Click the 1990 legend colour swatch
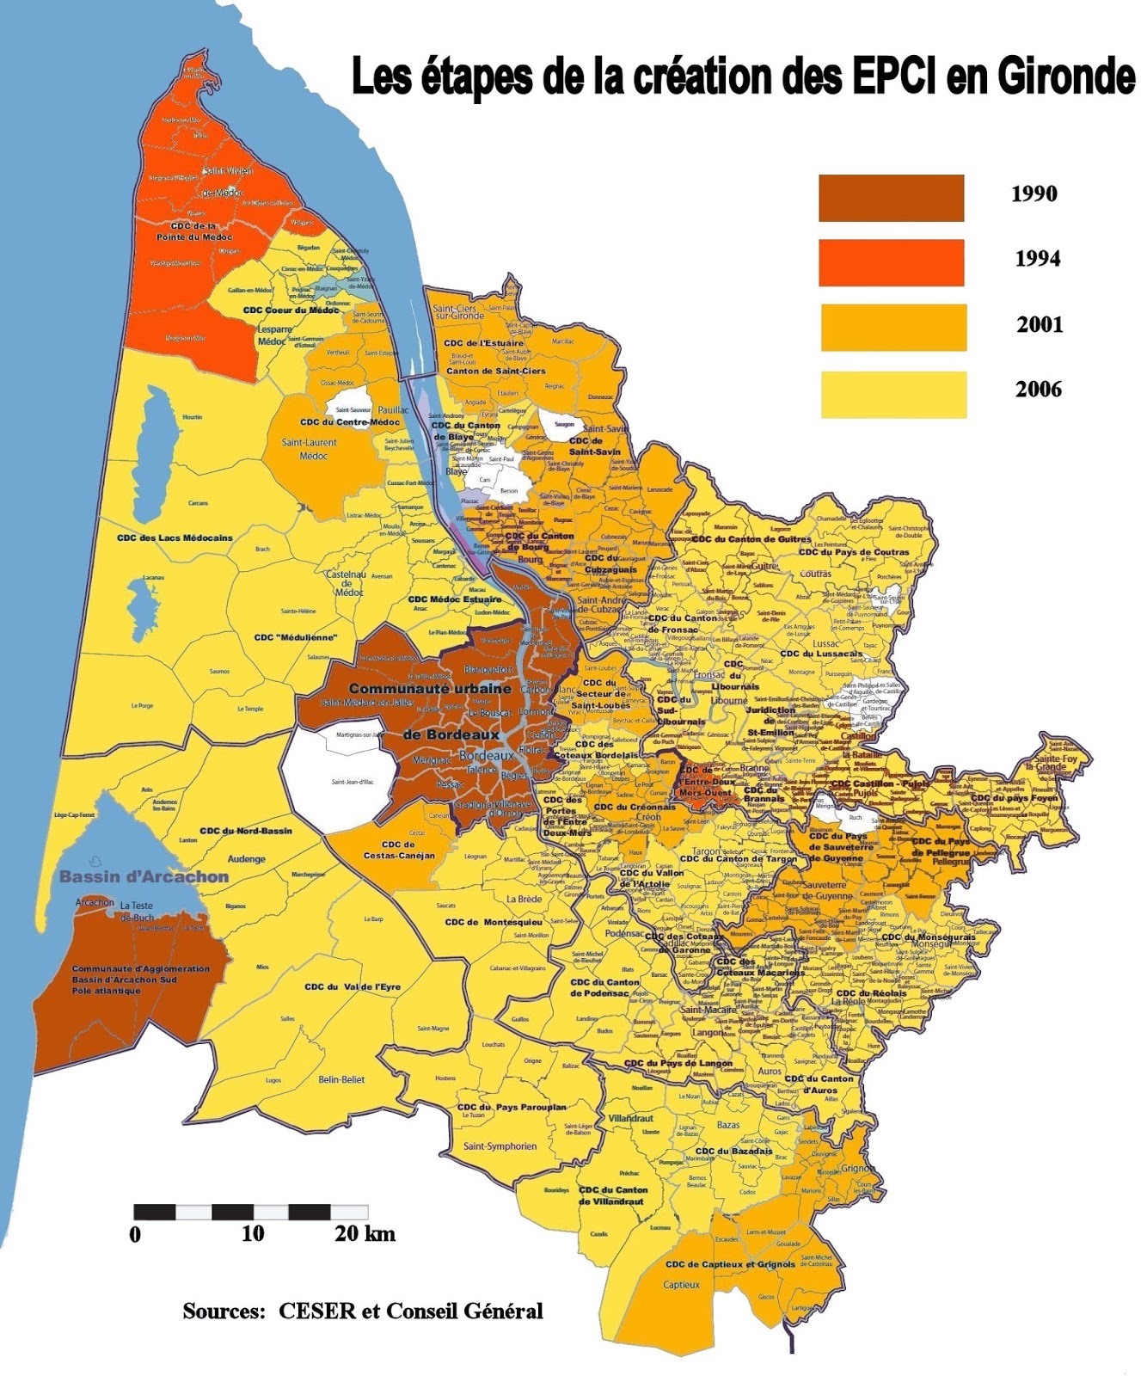(x=891, y=198)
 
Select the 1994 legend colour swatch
(x=891, y=262)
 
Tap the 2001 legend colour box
(x=893, y=327)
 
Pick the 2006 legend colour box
(x=893, y=395)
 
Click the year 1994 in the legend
(x=1037, y=259)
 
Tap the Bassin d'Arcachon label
(x=144, y=877)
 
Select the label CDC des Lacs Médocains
(x=175, y=538)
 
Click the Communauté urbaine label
(x=430, y=689)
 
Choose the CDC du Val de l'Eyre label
(x=353, y=986)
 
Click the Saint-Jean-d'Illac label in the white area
(x=353, y=782)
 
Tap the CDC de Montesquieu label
(x=494, y=922)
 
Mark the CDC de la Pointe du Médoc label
(x=194, y=231)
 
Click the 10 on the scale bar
(x=252, y=1234)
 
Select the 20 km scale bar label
(x=365, y=1234)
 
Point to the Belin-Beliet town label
(x=341, y=1079)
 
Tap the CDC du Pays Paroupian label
(x=512, y=1107)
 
